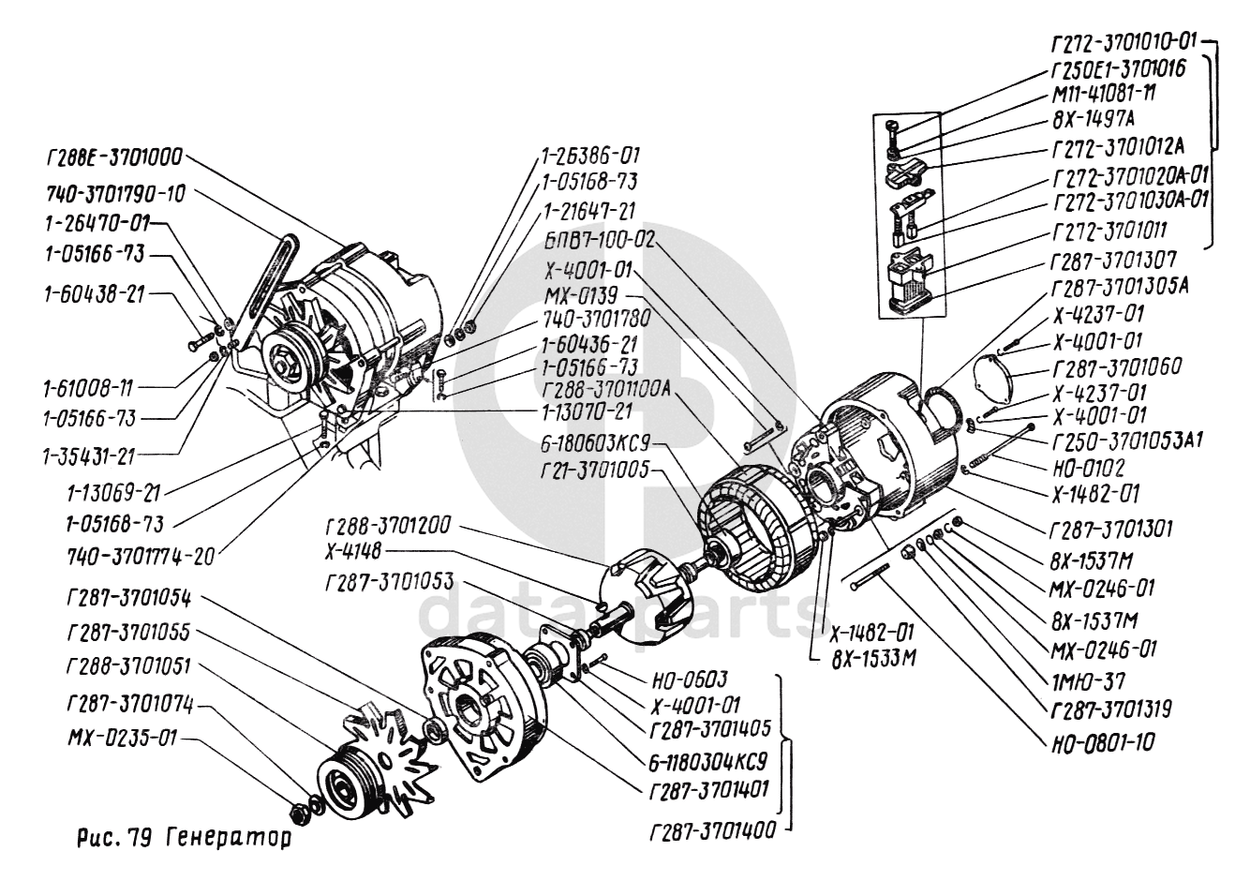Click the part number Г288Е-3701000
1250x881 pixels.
pyautogui.click(x=113, y=157)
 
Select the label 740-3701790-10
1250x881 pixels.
pyautogui.click(x=115, y=194)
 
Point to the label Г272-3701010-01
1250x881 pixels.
pyautogui.click(x=1124, y=41)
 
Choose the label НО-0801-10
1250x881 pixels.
pyautogui.click(x=1101, y=742)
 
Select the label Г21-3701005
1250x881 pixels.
pyautogui.click(x=594, y=470)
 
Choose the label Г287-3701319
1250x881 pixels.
pyautogui.click(x=1110, y=709)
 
